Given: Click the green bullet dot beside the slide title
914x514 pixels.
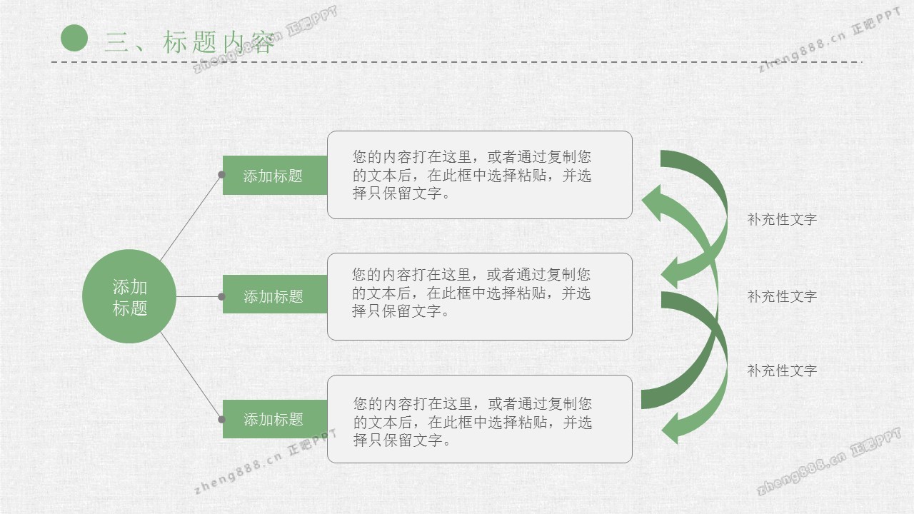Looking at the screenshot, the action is click(x=74, y=38).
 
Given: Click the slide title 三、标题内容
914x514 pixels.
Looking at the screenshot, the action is click(x=189, y=42).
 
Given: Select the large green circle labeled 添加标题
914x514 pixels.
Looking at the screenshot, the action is click(x=129, y=296).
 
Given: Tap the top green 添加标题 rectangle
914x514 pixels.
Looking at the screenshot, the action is click(x=275, y=176).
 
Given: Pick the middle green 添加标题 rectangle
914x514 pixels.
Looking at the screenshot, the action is click(x=275, y=295).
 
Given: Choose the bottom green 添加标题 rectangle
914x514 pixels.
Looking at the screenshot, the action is click(x=275, y=419).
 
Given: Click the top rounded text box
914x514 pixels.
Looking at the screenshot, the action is click(x=480, y=175).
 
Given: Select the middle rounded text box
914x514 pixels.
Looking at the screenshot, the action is click(x=480, y=296).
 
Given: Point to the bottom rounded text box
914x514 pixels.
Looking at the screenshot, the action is click(x=480, y=419).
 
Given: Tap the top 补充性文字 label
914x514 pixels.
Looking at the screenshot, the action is click(x=782, y=219).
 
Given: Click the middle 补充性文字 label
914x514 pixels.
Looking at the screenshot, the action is click(x=782, y=296).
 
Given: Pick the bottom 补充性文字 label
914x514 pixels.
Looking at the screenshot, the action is click(x=782, y=371).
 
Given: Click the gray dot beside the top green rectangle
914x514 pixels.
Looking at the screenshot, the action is click(x=221, y=175).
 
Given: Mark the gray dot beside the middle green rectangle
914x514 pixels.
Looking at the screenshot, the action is click(x=221, y=296).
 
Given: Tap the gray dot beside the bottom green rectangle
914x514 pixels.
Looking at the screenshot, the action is click(x=221, y=419).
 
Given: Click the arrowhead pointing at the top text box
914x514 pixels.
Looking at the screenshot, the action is click(x=652, y=203).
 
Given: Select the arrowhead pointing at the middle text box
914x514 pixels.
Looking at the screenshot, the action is click(x=670, y=273).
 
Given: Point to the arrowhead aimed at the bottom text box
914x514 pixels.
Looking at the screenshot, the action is click(x=670, y=428).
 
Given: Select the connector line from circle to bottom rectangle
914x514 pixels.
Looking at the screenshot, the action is click(x=191, y=376).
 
